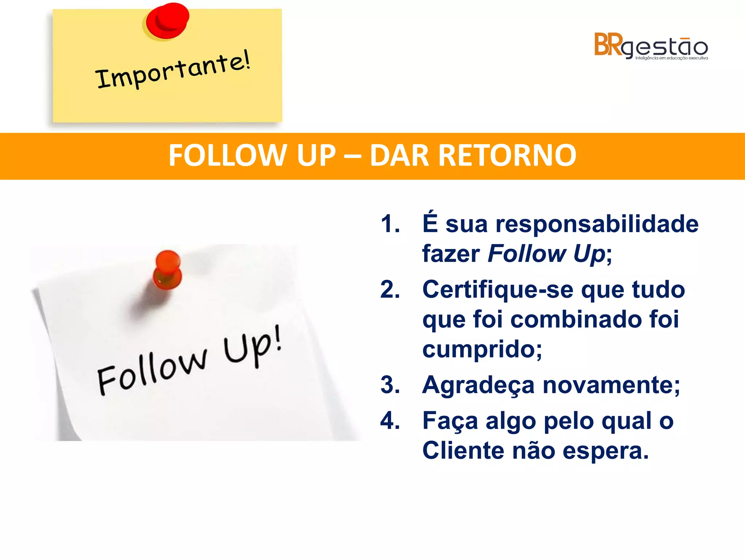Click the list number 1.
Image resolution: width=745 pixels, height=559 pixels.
(390, 224)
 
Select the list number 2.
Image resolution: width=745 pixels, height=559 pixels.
(390, 290)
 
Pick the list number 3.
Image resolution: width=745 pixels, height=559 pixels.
(390, 385)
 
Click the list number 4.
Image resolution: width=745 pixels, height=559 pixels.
(390, 421)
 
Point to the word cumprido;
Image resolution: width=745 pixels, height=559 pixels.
(482, 350)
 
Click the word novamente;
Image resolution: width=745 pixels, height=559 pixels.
(611, 385)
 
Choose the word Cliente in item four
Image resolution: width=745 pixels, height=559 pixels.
(463, 451)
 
